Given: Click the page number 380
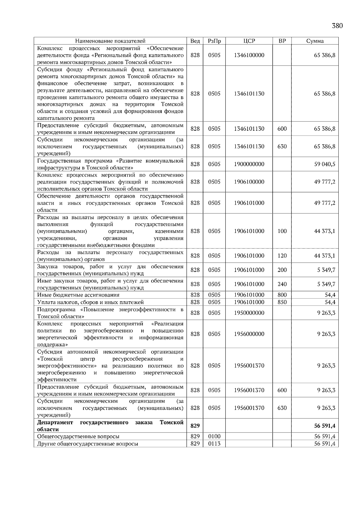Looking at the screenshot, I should pos(337,26).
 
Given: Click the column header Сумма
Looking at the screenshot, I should pos(315,41).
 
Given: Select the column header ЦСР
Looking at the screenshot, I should pos(249,41).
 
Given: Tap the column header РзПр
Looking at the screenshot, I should pos(214,41).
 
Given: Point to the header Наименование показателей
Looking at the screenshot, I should pos(110,41).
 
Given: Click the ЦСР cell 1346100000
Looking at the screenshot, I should pos(249,55).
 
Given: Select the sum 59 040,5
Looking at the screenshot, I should pos(325,164).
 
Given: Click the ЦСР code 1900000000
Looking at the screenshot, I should pos(249,164).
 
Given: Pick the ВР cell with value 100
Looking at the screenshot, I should pos(282,231).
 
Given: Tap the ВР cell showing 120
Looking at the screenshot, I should pos(282,256).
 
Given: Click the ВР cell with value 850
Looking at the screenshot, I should pos(282,302).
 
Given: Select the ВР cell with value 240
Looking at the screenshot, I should pos(282,284).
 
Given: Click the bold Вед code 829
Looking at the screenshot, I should pos(195,426).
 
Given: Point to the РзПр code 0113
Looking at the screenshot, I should pos(214,444).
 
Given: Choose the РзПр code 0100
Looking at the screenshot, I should pos(214,436).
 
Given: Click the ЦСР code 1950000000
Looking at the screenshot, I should pos(249,313).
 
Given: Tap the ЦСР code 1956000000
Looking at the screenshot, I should pos(249,334).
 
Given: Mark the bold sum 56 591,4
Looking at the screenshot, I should pos(325,426).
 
